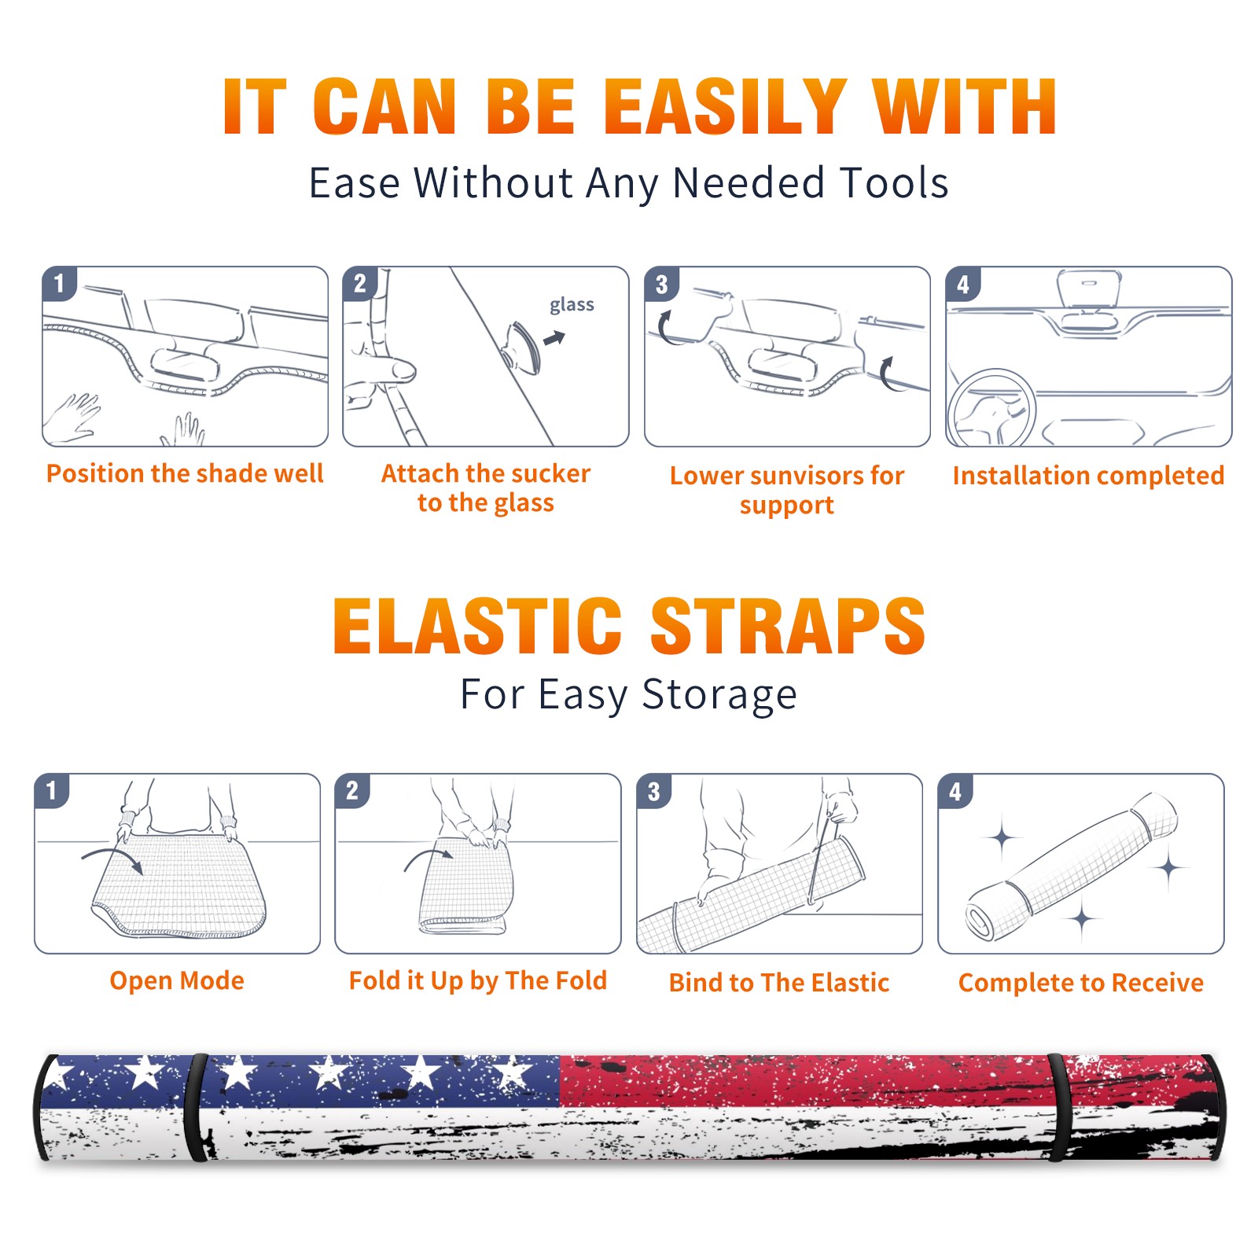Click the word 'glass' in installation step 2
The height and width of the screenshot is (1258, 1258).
coord(572,305)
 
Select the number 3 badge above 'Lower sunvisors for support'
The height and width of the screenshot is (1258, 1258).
coord(661,284)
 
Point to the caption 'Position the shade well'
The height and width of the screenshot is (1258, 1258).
coord(185,473)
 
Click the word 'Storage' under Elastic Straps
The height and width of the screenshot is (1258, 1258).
coord(719,695)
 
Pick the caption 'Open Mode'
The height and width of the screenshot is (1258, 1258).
coord(177,980)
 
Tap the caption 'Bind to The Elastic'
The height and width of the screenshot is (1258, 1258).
coord(779,983)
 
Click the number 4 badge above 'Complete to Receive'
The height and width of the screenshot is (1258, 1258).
coord(955,791)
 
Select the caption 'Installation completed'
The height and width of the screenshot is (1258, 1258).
coord(1088,476)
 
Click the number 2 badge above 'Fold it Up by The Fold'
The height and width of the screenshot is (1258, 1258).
coord(352,791)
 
